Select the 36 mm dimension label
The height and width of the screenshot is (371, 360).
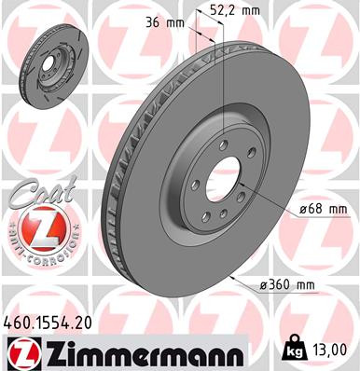[158, 24]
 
